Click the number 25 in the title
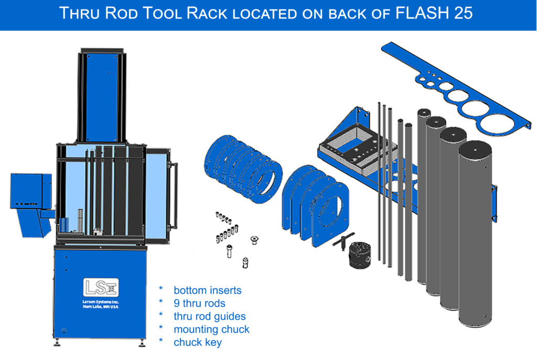point(460,13)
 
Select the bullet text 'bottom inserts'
point(208,290)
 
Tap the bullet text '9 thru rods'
point(199,303)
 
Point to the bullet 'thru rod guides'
point(209,316)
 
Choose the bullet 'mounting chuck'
point(211,329)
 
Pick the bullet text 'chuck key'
point(198,342)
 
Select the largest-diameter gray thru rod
point(476,236)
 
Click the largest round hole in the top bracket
point(498,123)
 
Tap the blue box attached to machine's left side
point(30,191)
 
